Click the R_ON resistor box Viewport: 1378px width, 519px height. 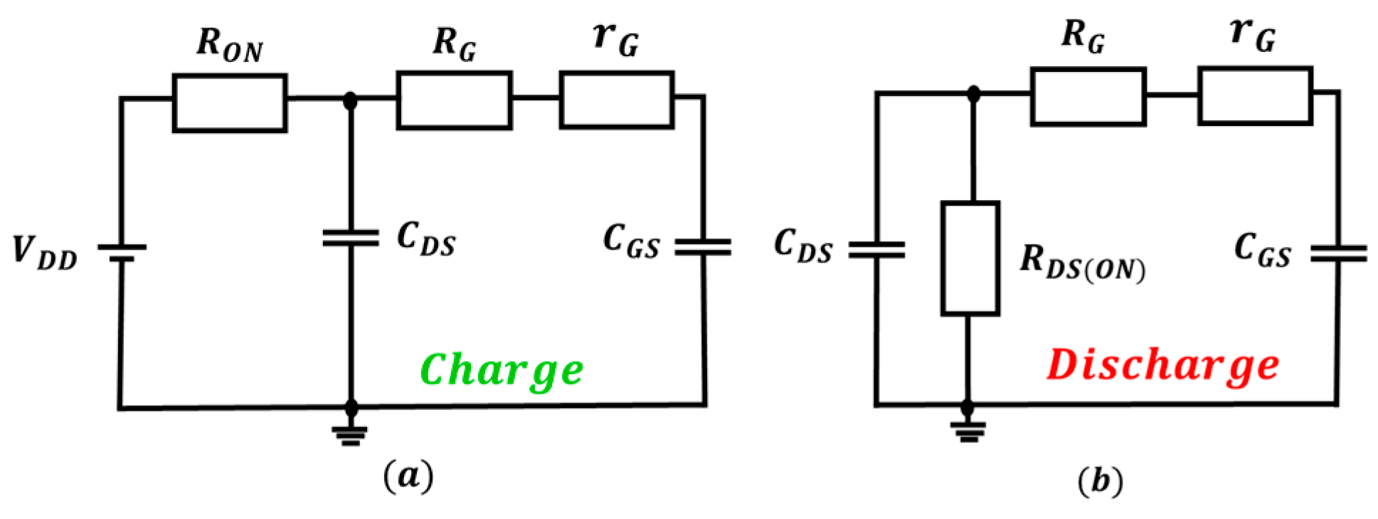230,103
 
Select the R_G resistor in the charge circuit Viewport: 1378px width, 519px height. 454,100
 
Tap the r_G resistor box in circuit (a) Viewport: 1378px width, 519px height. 616,100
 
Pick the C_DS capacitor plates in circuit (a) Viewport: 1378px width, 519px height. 350,238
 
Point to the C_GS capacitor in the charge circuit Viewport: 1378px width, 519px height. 703,247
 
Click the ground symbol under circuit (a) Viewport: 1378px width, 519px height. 351,434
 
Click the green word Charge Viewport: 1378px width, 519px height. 502,370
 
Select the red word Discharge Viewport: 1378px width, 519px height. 1162,366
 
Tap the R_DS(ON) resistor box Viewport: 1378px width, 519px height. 970,258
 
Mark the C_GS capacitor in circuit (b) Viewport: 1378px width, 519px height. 1338,253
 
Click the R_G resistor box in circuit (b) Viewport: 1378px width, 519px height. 1088,97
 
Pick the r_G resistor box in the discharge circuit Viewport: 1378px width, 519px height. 1255,96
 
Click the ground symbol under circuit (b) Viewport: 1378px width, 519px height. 968,431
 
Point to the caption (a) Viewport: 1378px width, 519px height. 408,476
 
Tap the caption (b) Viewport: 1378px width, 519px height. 1100,481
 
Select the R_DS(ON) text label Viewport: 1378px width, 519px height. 1082,262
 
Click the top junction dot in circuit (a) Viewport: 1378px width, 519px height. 350,100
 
